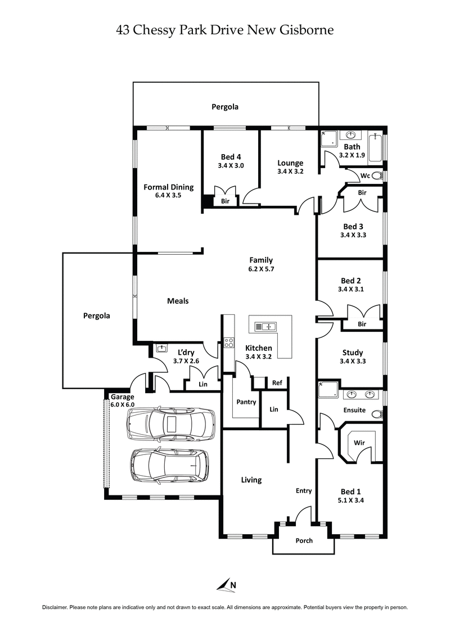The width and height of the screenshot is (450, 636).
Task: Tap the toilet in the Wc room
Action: [x=378, y=176]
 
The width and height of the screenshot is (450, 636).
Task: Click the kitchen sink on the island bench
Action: [x=264, y=326]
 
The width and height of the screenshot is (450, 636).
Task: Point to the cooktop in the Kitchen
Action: [x=229, y=342]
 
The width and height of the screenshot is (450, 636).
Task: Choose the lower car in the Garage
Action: [x=168, y=465]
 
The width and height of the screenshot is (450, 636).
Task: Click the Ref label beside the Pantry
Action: [x=277, y=383]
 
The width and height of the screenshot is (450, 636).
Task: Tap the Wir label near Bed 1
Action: [x=359, y=443]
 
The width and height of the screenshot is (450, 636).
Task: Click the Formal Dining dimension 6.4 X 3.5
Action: [x=169, y=196]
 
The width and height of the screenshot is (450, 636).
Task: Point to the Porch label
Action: [x=304, y=541]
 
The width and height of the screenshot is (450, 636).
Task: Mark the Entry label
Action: [x=304, y=491]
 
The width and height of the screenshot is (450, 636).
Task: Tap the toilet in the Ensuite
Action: [x=377, y=414]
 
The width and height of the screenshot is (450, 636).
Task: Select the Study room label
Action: [x=353, y=353]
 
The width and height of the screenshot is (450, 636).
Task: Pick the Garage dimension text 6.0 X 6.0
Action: [x=122, y=405]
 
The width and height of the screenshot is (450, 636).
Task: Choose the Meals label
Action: [x=178, y=301]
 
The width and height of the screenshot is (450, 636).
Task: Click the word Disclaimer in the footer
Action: [x=55, y=608]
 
